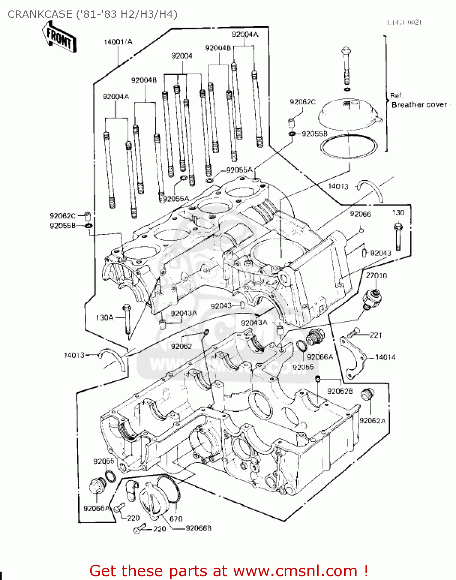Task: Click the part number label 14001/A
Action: [118, 42]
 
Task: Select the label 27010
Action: [376, 275]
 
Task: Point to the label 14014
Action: [385, 357]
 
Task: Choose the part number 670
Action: [176, 519]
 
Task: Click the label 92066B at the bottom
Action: [198, 528]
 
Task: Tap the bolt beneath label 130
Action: [398, 236]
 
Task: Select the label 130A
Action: [104, 317]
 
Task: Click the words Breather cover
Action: [419, 104]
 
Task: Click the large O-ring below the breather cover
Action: [348, 147]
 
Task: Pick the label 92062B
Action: [340, 391]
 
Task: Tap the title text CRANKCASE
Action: [40, 14]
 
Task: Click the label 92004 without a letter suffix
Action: [182, 56]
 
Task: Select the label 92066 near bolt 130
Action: [360, 214]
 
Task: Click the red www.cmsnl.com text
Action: [295, 571]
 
